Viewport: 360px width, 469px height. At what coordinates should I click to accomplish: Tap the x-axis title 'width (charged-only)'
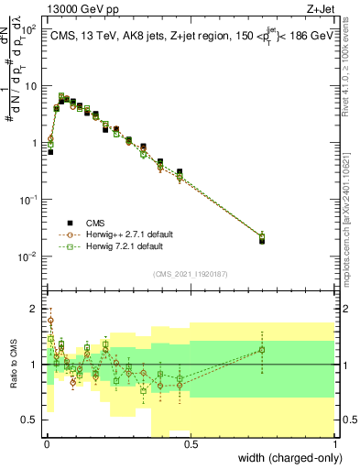pos(285,458)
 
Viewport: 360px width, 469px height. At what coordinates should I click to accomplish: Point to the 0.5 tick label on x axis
pos(191,443)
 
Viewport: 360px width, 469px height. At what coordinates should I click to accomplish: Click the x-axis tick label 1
pos(335,443)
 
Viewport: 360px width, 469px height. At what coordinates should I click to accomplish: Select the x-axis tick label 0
pos(46,443)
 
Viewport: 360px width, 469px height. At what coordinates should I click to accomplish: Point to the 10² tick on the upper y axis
pos(29,29)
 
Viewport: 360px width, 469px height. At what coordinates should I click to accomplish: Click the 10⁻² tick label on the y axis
pos(28,256)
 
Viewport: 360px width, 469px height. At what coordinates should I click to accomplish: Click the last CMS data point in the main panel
pos(263,241)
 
